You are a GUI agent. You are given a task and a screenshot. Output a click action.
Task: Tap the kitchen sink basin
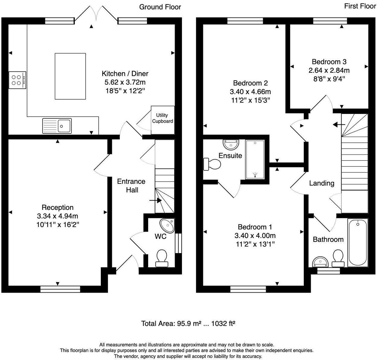(x=64, y=125)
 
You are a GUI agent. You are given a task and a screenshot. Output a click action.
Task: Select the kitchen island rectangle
(x=70, y=76)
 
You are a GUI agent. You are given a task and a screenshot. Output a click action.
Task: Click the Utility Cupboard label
(x=162, y=118)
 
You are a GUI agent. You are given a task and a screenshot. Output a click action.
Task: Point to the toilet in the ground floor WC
(x=162, y=258)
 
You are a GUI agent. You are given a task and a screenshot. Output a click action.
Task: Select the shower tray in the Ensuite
(x=255, y=159)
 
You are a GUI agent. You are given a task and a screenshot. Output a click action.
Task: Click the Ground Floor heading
(x=160, y=7)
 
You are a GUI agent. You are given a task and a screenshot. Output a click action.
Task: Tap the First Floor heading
(x=360, y=6)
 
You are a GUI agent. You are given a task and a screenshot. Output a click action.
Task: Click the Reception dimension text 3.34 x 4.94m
(x=57, y=216)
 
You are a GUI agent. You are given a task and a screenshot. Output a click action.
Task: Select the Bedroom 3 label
(x=329, y=62)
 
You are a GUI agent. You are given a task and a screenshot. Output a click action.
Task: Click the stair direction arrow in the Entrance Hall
(x=155, y=200)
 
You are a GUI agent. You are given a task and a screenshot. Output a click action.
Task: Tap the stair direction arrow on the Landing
(x=339, y=124)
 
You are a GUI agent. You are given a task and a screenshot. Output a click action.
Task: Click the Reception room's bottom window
(x=60, y=289)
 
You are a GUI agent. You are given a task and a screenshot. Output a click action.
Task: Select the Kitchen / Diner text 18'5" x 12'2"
(x=125, y=91)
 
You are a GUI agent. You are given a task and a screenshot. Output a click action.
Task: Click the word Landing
(x=322, y=183)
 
